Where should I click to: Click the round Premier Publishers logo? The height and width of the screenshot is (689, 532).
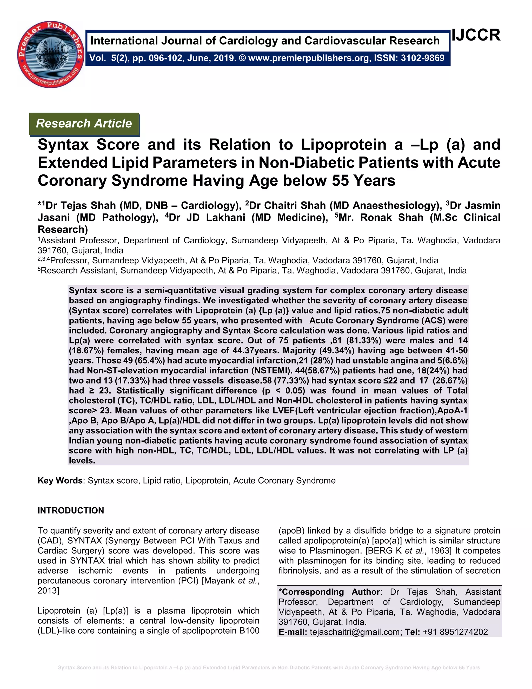tap(50, 54)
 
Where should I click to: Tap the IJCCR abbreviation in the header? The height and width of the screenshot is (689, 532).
tap(476, 35)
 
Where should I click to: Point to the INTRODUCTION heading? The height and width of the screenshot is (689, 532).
tap(71, 511)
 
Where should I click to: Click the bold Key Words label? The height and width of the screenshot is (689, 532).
tap(60, 480)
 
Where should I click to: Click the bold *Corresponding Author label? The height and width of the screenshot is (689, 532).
tap(329, 592)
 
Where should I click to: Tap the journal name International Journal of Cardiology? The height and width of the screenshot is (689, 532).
tap(265, 41)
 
